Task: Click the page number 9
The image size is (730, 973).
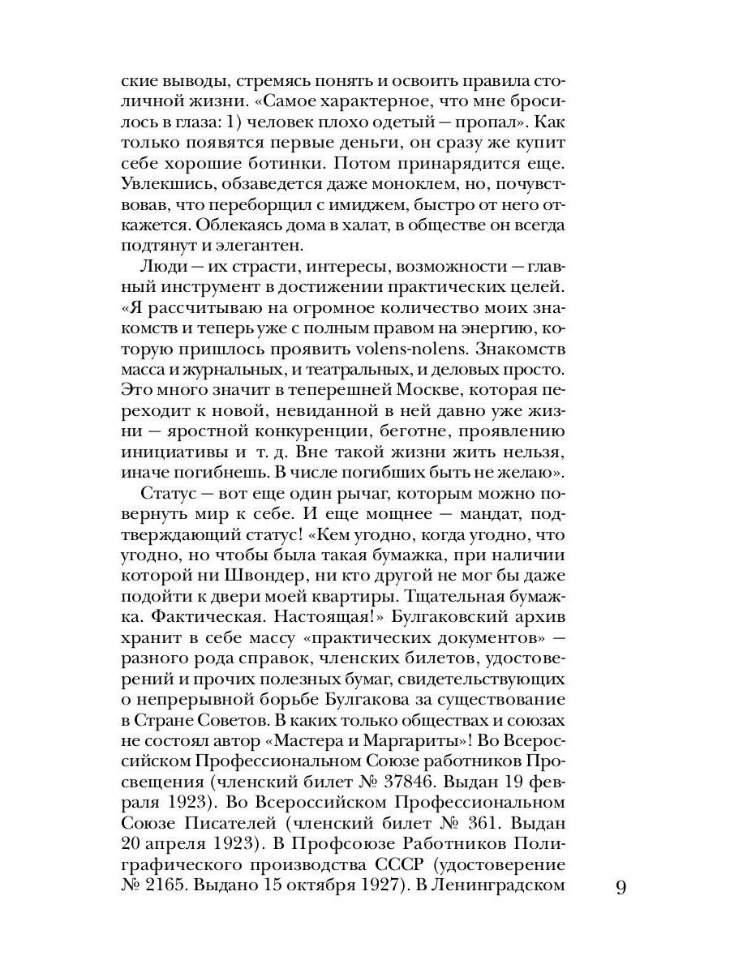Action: (621, 887)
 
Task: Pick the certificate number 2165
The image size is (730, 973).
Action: (162, 886)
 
